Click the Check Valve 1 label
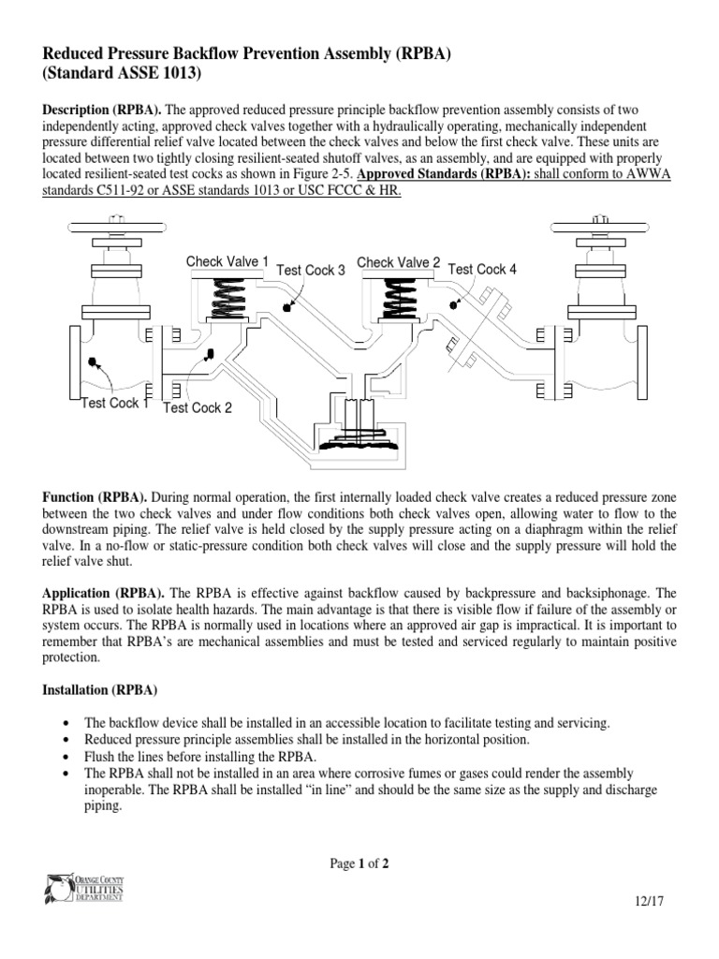pos(227,262)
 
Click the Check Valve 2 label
pos(399,263)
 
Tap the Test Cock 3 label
pos(311,271)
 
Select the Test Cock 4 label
pos(482,270)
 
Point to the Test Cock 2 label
pos(198,407)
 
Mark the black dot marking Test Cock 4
pos(454,302)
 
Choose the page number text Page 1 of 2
pos(359,864)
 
